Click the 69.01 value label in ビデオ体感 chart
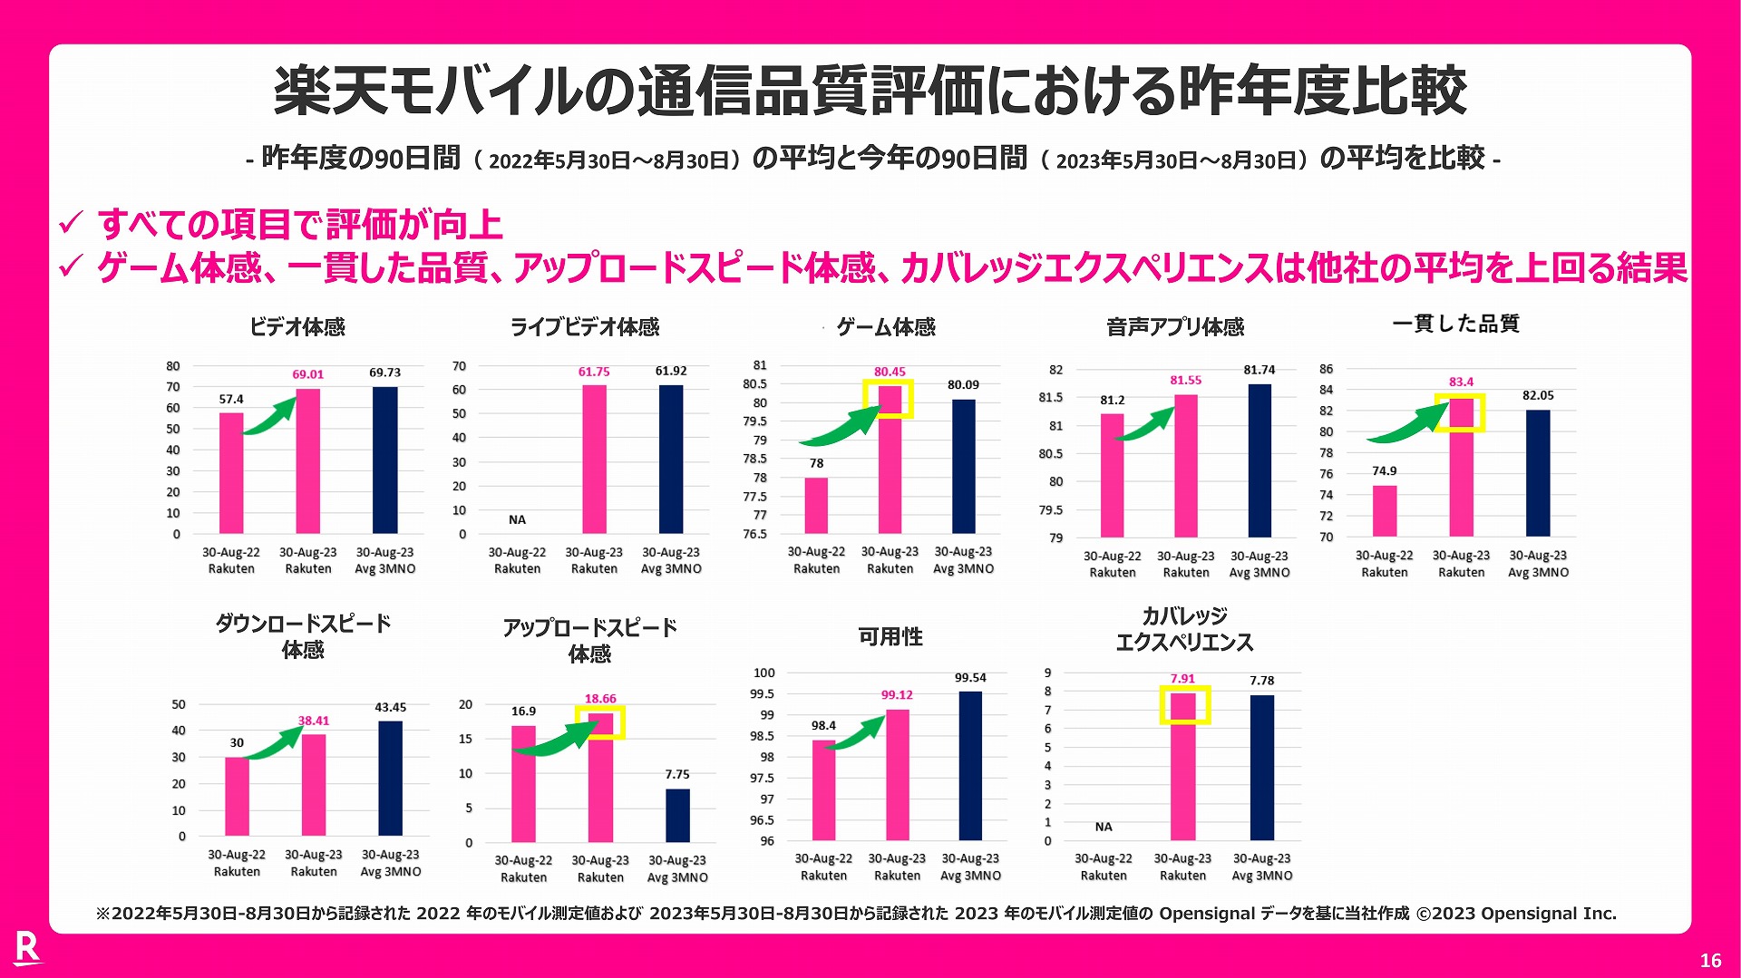tap(307, 374)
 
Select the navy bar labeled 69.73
tap(384, 460)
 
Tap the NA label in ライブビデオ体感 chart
tap(517, 519)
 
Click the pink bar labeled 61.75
tap(594, 460)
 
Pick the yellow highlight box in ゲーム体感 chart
tap(888, 399)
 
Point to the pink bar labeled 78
tap(816, 505)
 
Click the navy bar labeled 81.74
tap(1260, 460)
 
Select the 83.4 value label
tap(1461, 382)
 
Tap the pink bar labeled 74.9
tap(1385, 510)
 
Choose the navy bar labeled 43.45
tap(390, 778)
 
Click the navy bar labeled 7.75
tap(677, 815)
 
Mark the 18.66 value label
tap(599, 699)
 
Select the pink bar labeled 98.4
tap(823, 789)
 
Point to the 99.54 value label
tap(970, 678)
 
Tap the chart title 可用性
tap(890, 637)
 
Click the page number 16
tap(1710, 961)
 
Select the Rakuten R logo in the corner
tap(28, 948)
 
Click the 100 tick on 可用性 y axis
tap(764, 673)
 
